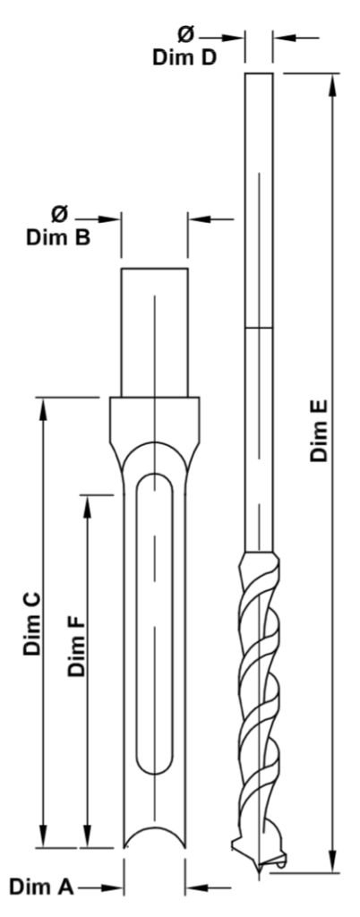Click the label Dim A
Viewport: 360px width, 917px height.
coord(41,887)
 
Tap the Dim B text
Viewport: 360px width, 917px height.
coord(58,237)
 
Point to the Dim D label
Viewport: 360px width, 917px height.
coord(184,57)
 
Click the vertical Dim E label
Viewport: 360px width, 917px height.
coord(319,431)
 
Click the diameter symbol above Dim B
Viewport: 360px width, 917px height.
coord(59,214)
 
